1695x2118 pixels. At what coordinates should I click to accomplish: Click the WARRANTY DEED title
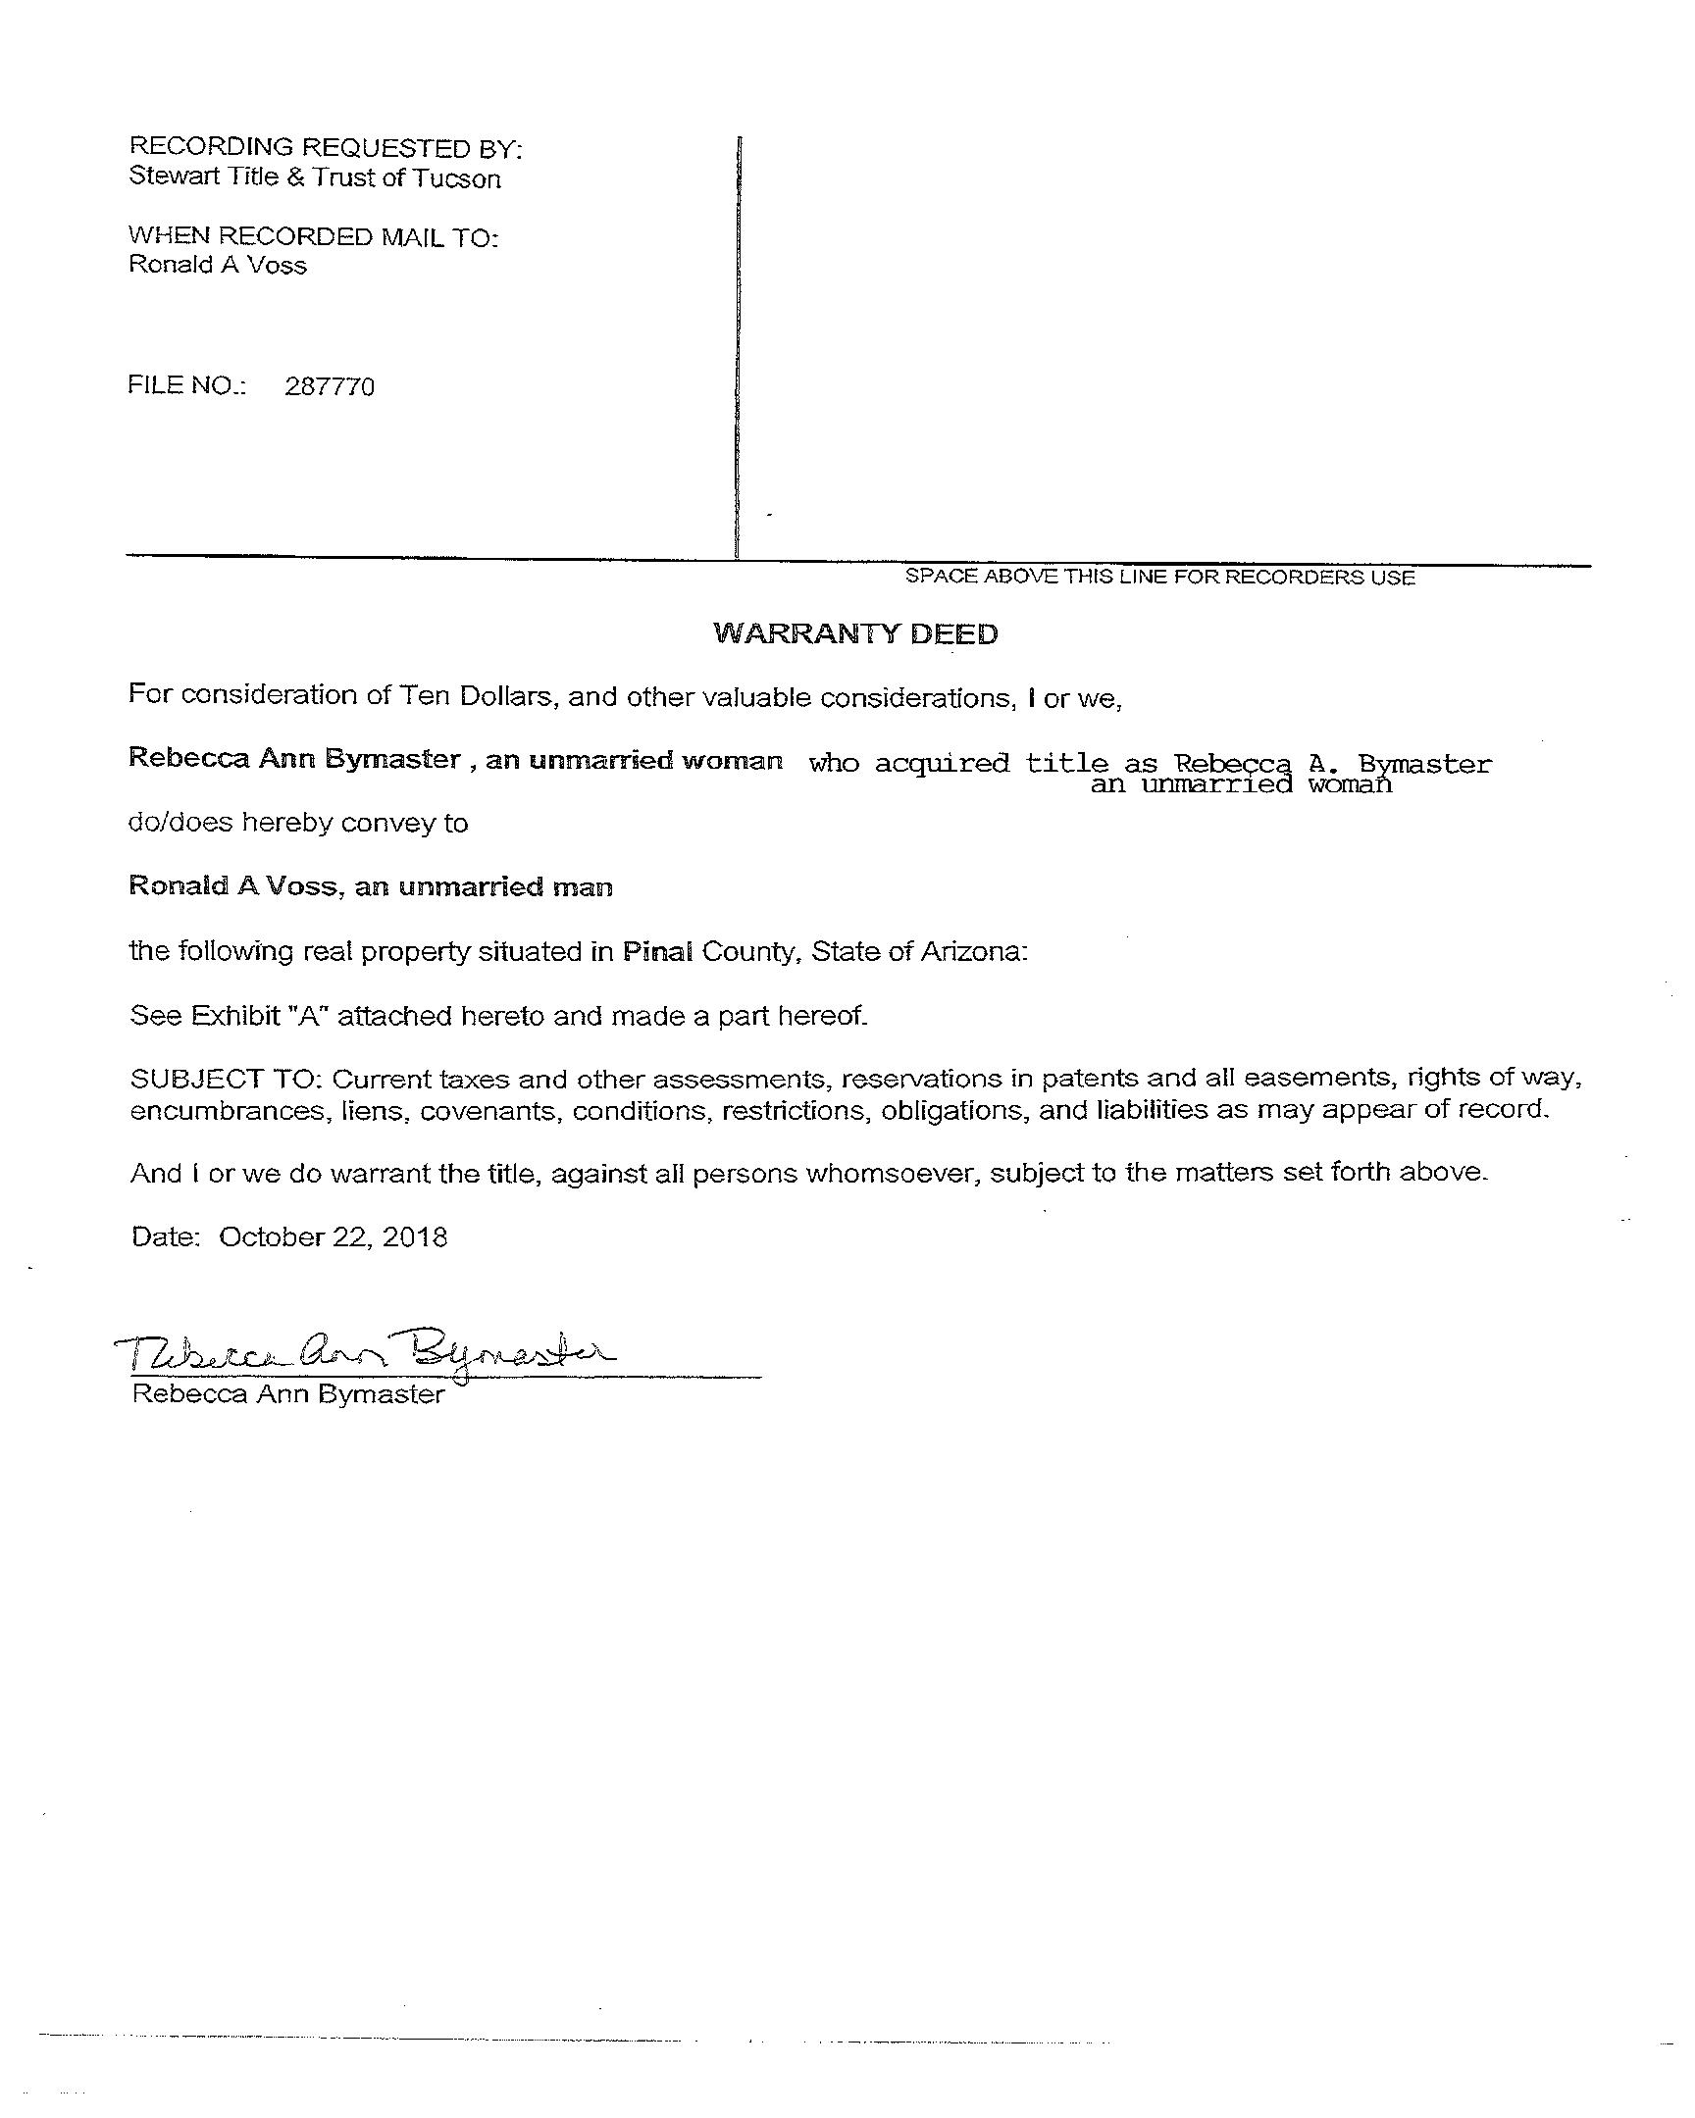[855, 633]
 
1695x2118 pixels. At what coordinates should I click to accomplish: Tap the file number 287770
[330, 386]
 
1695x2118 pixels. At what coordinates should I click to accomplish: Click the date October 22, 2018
[334, 1236]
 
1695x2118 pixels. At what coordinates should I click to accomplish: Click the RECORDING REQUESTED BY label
[326, 148]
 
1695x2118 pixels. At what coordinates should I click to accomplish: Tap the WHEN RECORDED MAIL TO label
[314, 236]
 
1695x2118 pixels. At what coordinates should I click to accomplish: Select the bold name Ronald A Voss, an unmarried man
[371, 887]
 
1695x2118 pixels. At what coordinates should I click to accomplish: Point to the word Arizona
[973, 951]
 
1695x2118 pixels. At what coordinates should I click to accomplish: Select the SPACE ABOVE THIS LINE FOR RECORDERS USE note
[1159, 577]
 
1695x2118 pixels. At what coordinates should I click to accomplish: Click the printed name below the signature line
[288, 1394]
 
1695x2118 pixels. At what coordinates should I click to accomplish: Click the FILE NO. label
[186, 385]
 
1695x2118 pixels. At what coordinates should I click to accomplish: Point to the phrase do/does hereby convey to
[299, 823]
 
